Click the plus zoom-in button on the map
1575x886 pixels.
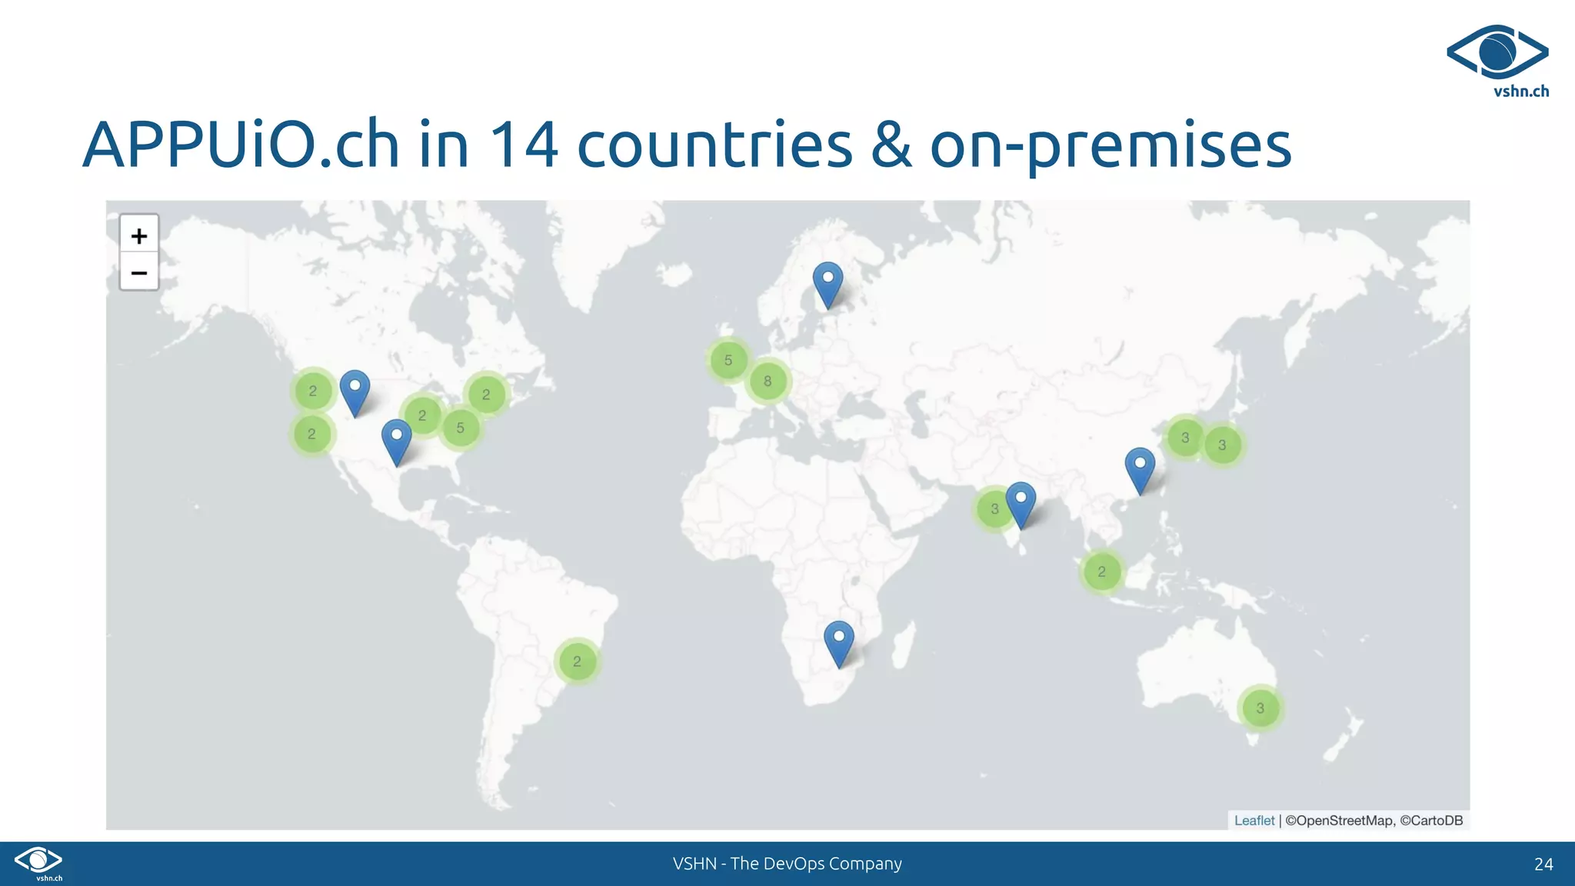139,235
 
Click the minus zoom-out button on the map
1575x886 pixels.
139,272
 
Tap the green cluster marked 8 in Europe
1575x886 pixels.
768,381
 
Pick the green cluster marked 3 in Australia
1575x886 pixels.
1260,708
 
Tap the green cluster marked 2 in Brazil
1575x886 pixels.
577,661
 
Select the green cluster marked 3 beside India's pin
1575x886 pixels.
994,508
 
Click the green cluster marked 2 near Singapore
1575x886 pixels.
1101,571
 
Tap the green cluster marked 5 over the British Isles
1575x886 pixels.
728,360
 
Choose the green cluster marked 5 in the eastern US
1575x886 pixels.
460,428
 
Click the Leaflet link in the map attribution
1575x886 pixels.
1254,821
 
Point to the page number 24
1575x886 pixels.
1543,864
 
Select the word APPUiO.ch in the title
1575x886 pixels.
241,145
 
